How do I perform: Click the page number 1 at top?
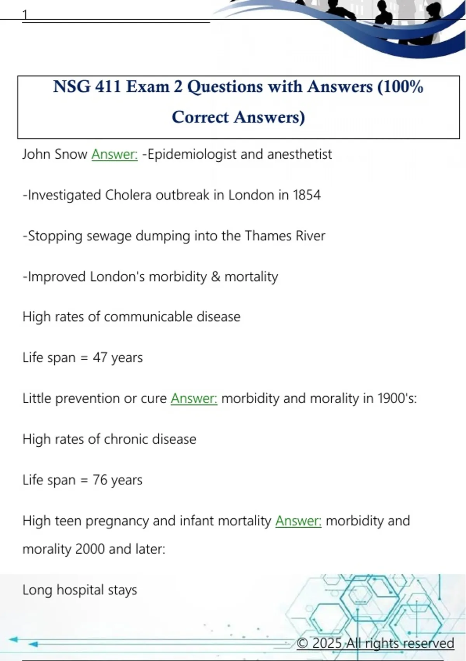pos(25,15)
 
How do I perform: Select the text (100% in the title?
pos(400,86)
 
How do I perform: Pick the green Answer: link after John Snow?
pos(115,154)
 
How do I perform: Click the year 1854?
pos(307,195)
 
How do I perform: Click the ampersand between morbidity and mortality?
pos(216,276)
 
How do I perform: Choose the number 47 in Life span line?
pos(100,357)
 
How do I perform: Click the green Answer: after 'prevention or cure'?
pos(194,398)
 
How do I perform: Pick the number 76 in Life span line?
pos(100,480)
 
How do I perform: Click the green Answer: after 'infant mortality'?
pos(298,521)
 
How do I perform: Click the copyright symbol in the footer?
pos(303,643)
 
